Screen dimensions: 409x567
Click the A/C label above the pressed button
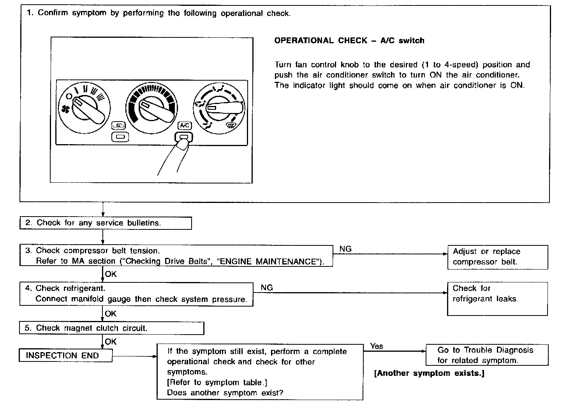[x=184, y=125]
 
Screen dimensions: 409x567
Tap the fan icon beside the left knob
[x=65, y=109]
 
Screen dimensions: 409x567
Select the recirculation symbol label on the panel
[x=118, y=125]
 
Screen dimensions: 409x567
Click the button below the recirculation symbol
[x=118, y=137]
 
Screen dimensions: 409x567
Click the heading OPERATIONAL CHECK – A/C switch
[x=349, y=41]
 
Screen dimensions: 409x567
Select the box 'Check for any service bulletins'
[x=106, y=223]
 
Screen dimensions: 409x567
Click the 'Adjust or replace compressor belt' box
[x=497, y=257]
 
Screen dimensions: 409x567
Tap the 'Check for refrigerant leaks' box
[x=497, y=298]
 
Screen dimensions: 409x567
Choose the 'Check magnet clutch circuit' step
[x=111, y=328]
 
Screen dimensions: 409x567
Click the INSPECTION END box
[x=65, y=355]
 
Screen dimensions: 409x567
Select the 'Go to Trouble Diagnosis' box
[x=486, y=355]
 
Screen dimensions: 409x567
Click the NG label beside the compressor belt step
[x=345, y=249]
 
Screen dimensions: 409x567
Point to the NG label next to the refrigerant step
[x=266, y=287]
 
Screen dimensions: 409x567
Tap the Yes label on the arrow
[x=376, y=346]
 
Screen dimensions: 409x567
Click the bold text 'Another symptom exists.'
[x=429, y=373]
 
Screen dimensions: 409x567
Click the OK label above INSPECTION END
[x=111, y=342]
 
